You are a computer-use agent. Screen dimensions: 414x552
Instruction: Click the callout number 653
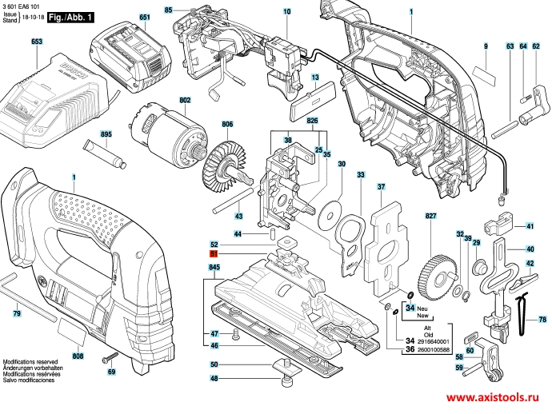(x=36, y=41)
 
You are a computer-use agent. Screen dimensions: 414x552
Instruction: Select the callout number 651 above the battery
(x=144, y=17)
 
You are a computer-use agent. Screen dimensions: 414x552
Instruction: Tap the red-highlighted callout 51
(x=214, y=254)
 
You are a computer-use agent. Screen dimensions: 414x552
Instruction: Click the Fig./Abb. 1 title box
(x=70, y=17)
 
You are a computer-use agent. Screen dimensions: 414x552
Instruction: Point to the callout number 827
(x=431, y=217)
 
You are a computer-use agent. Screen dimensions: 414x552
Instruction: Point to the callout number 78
(x=542, y=320)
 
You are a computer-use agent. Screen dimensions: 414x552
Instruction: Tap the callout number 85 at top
(x=169, y=10)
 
